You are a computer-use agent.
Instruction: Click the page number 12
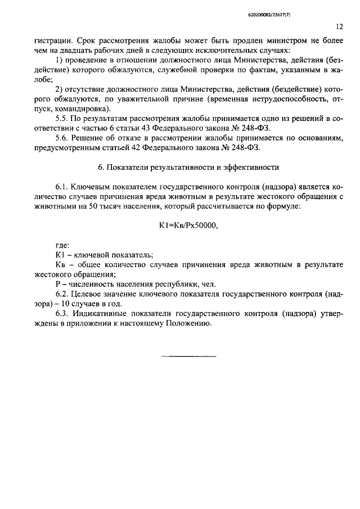point(339,26)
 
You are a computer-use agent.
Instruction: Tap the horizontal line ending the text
point(188,355)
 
